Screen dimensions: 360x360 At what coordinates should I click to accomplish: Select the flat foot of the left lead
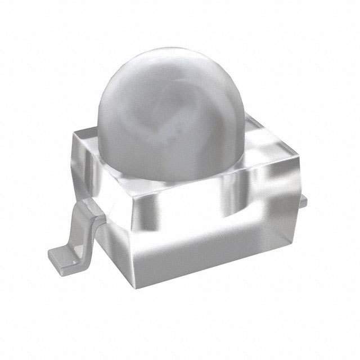point(62,256)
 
